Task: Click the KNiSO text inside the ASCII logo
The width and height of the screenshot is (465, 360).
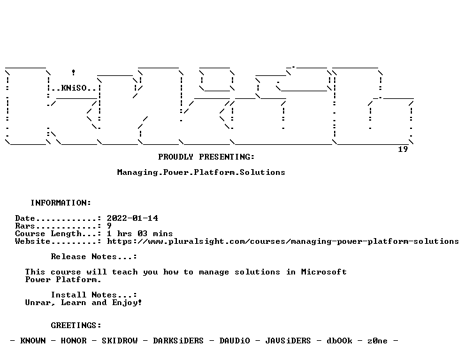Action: click(74, 88)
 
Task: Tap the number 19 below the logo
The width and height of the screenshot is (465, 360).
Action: click(402, 149)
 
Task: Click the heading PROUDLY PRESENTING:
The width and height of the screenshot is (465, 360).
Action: click(206, 157)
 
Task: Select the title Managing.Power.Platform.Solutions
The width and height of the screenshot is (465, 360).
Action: click(201, 172)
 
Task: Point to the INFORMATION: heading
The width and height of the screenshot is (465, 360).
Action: click(61, 203)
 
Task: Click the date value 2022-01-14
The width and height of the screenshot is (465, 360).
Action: click(132, 218)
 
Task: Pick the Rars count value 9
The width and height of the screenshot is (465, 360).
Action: click(109, 226)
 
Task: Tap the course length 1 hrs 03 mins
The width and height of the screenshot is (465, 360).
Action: click(140, 234)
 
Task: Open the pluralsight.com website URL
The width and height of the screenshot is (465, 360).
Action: click(283, 241)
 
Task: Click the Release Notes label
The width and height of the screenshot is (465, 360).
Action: click(94, 257)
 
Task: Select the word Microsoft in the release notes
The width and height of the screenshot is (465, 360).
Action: click(324, 272)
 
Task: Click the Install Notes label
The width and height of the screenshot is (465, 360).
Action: click(94, 295)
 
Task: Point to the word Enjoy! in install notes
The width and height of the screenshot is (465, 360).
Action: click(127, 303)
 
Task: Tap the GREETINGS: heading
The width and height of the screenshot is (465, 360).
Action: click(76, 326)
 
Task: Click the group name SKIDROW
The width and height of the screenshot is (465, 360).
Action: click(119, 341)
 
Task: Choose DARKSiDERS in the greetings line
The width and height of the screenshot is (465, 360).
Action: click(178, 341)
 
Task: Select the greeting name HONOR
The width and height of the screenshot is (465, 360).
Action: click(73, 341)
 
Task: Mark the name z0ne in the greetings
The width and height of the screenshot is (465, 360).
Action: click(377, 341)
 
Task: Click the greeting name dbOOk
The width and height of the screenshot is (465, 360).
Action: click(339, 341)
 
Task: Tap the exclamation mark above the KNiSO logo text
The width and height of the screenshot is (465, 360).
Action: click(73, 72)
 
